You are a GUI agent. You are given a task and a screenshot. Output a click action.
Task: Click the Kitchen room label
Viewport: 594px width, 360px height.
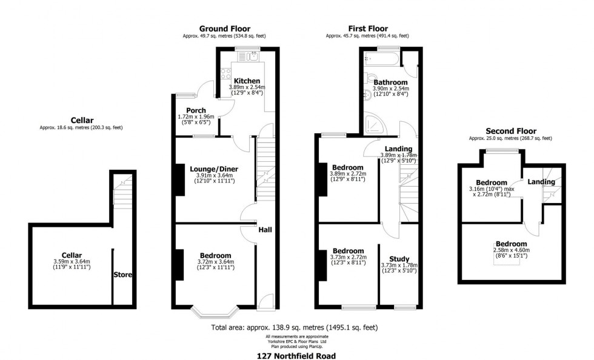coord(247,81)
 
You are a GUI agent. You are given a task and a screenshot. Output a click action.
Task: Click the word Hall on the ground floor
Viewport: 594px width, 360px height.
coord(265,230)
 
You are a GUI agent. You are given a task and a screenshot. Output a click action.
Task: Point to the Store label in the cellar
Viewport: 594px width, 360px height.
coord(122,275)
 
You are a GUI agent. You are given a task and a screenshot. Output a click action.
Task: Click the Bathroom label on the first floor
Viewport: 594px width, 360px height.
coord(390,82)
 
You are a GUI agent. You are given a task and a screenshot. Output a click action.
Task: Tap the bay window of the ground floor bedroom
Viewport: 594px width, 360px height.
coord(215,311)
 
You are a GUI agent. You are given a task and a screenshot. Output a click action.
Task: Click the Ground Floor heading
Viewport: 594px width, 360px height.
coord(224,28)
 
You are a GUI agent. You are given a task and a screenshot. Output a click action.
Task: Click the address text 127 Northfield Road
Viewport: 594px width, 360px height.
coord(296,356)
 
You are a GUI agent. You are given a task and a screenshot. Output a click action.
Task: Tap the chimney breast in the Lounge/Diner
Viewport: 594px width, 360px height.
coord(179,179)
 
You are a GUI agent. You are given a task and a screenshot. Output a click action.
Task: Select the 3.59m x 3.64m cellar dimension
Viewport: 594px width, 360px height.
coord(71,262)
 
